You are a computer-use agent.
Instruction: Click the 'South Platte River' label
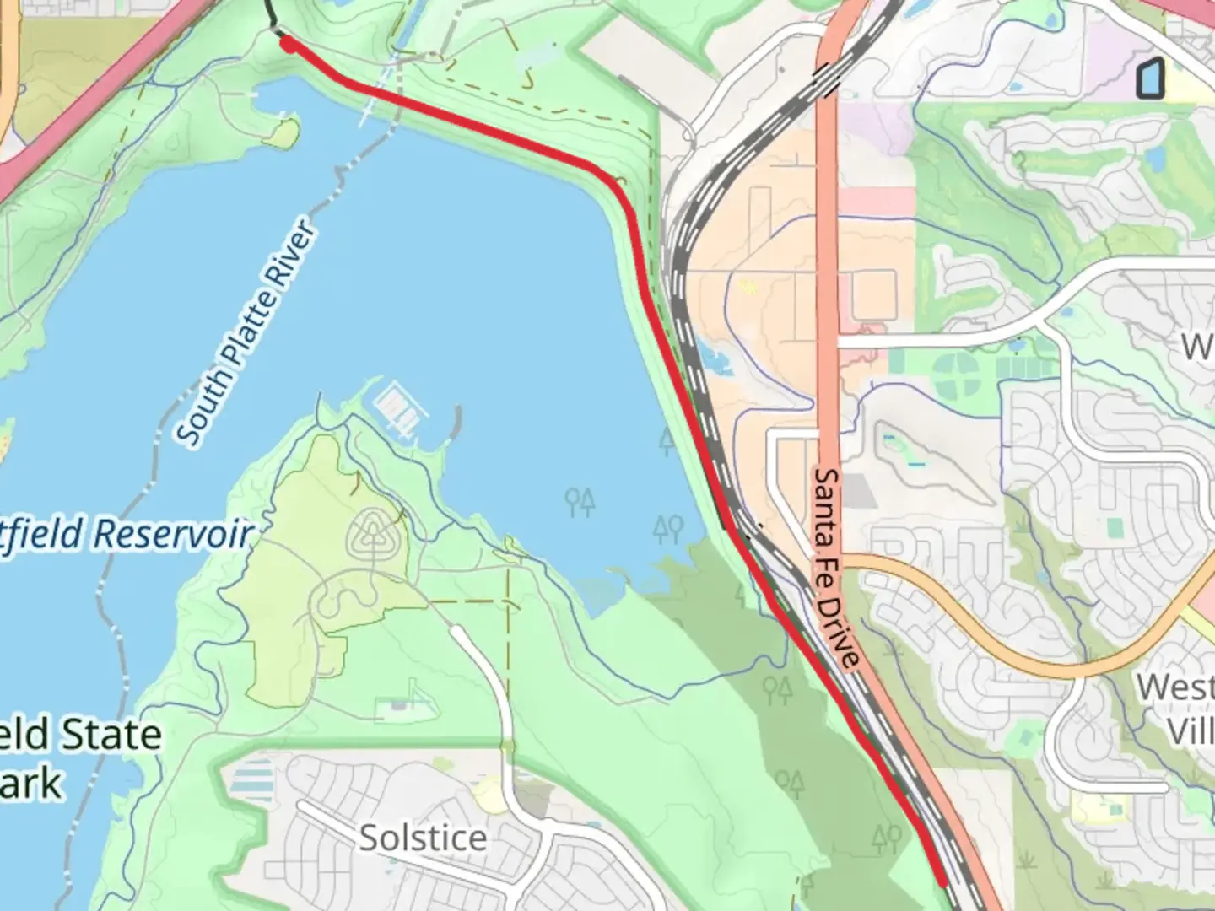pos(247,333)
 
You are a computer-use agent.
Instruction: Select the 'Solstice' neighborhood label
pos(423,838)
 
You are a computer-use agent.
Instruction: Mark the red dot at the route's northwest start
pos(288,44)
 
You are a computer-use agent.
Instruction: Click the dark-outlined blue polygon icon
pos(1149,79)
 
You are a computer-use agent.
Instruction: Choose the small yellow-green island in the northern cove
pos(285,131)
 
